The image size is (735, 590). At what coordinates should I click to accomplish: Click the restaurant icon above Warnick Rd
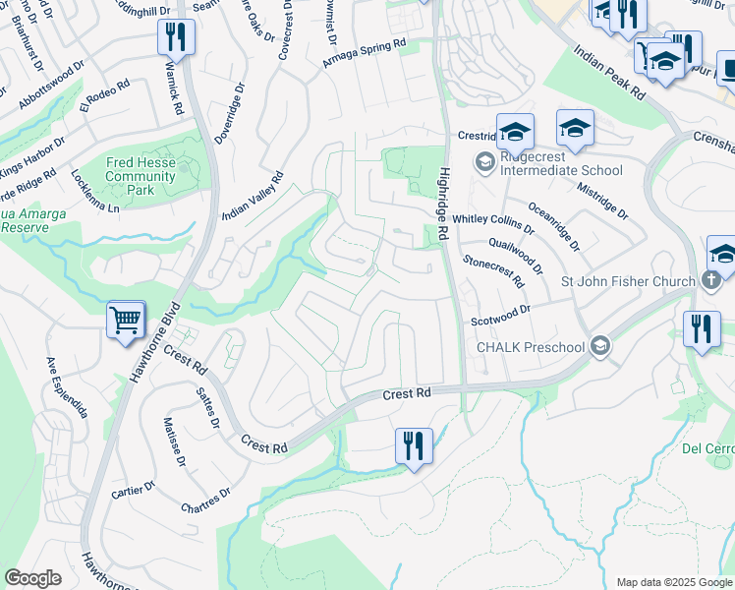[175, 37]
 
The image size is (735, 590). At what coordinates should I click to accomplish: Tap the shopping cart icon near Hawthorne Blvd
[126, 320]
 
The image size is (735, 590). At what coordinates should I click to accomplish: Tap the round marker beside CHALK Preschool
[599, 346]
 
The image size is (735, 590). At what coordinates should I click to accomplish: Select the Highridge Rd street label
[443, 205]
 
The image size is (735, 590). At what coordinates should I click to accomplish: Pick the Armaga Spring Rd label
[365, 53]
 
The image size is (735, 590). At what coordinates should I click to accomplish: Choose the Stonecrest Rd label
[493, 268]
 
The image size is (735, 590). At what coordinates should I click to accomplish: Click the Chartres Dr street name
[205, 501]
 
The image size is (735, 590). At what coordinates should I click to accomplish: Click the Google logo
[33, 577]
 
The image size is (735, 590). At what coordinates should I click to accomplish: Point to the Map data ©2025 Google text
[673, 582]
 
